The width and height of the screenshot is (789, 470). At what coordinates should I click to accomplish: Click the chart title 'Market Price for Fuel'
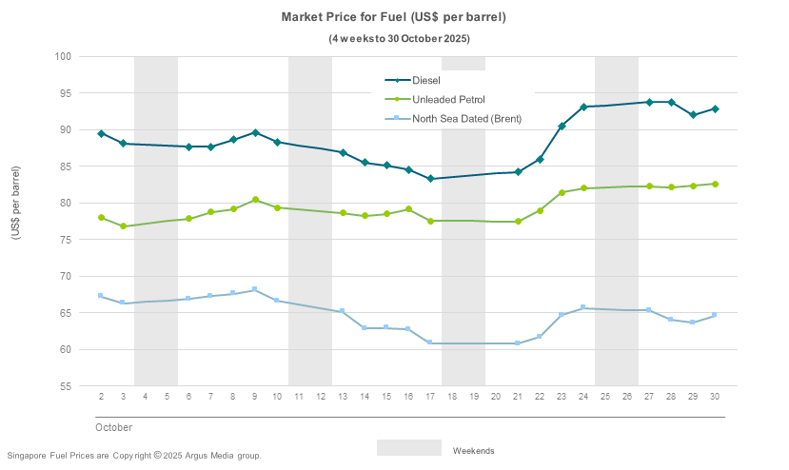393,17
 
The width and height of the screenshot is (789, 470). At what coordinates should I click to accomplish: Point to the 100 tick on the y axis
64,56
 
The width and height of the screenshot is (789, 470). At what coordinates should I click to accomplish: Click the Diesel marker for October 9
255,133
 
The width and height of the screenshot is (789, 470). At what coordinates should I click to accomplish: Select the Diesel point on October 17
430,179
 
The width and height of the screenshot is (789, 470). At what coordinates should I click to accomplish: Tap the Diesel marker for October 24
583,108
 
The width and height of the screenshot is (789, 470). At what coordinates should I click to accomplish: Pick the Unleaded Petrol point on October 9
255,200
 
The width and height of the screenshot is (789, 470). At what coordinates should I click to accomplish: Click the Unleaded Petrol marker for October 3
123,226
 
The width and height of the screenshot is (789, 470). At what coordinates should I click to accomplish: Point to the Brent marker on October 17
430,343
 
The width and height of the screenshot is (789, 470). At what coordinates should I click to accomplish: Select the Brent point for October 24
583,308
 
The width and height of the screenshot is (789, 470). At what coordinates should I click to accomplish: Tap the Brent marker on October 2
101,296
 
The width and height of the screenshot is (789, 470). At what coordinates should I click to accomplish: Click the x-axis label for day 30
715,396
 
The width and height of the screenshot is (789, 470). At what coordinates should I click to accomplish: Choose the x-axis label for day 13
343,396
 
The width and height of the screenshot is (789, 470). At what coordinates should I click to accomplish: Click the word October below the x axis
113,427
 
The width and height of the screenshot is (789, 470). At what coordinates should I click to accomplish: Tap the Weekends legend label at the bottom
473,450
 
